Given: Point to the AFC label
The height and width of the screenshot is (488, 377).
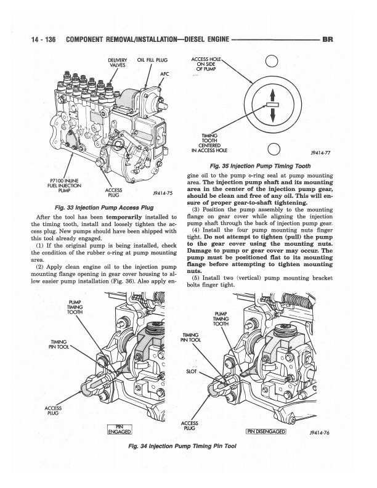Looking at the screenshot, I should pos(164,73).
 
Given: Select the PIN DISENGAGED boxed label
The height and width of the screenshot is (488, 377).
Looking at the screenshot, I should pos(267,431).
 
